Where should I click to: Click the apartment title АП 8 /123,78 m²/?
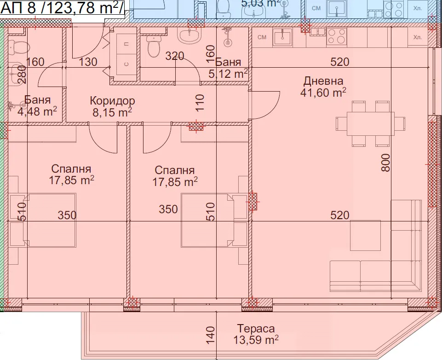point(62,8)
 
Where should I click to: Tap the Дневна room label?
point(323,81)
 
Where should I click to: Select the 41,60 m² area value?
point(323,92)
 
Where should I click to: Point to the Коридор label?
point(112,100)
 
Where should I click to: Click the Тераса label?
point(256,328)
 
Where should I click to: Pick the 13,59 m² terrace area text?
point(256,340)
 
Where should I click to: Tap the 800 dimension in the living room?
point(385,163)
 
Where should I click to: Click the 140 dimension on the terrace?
point(210,335)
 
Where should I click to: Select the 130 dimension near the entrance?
point(88,62)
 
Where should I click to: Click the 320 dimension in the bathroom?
point(174,56)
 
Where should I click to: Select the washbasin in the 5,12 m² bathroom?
point(189,35)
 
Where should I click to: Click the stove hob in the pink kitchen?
point(337,37)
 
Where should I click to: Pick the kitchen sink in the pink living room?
point(283,37)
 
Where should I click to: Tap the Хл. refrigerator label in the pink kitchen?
point(417,37)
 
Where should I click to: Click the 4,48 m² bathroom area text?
point(37,111)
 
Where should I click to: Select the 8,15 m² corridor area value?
point(112,112)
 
